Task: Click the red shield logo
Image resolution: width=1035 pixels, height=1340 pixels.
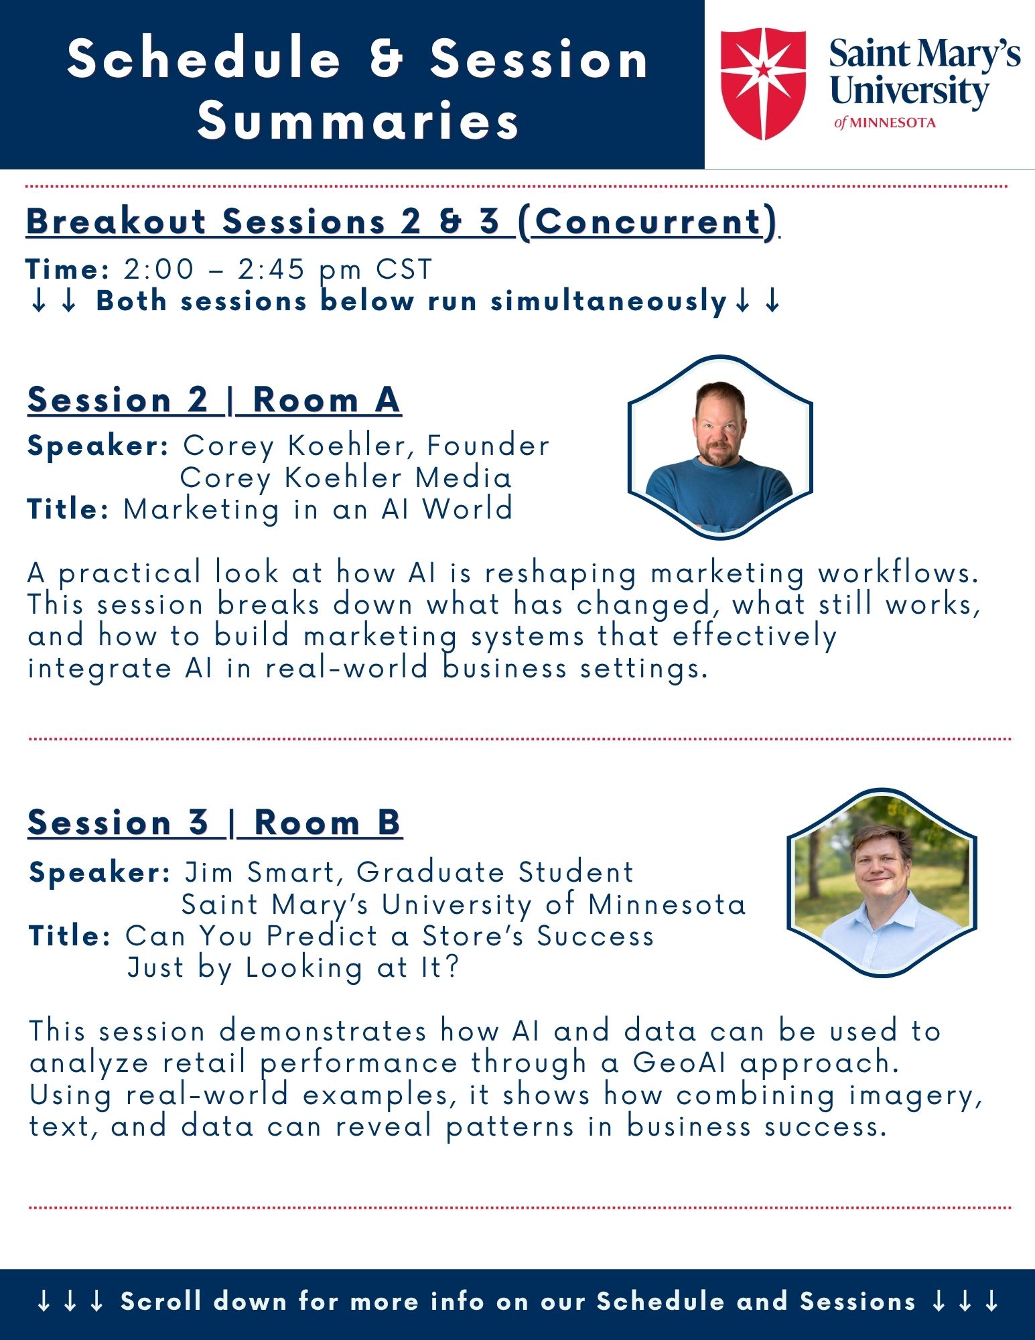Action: (x=763, y=84)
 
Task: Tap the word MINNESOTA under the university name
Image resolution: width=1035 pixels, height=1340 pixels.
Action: (x=893, y=123)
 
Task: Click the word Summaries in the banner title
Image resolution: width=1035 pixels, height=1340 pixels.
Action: (x=358, y=121)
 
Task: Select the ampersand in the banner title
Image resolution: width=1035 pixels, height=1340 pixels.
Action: (x=386, y=58)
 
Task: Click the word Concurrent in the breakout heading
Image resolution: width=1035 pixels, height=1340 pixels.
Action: (x=649, y=221)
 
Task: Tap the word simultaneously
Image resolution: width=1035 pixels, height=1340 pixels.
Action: (x=609, y=301)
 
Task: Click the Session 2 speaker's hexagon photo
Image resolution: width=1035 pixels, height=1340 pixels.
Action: (x=720, y=448)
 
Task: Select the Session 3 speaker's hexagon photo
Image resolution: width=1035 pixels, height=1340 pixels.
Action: (x=882, y=882)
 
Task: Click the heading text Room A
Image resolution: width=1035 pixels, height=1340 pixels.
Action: (x=326, y=401)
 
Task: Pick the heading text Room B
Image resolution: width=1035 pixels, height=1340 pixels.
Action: (x=328, y=823)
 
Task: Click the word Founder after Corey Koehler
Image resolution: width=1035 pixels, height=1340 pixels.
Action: (x=488, y=446)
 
